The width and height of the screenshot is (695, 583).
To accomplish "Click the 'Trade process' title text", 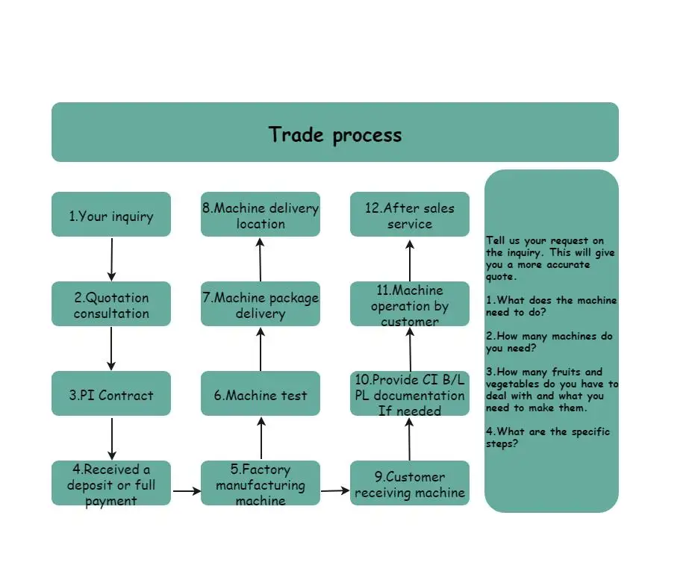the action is [x=335, y=134].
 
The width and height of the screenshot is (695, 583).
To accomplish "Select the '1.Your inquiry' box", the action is [x=111, y=214].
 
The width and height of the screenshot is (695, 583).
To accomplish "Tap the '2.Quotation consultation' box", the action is [x=111, y=304].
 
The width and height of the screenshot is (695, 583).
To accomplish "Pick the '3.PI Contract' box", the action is [x=111, y=393].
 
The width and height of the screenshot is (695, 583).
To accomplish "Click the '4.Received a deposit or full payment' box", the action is [x=111, y=483].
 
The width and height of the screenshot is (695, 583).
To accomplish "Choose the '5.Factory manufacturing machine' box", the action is [x=261, y=483].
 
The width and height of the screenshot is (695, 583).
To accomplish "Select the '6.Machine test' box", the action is [x=261, y=393].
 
